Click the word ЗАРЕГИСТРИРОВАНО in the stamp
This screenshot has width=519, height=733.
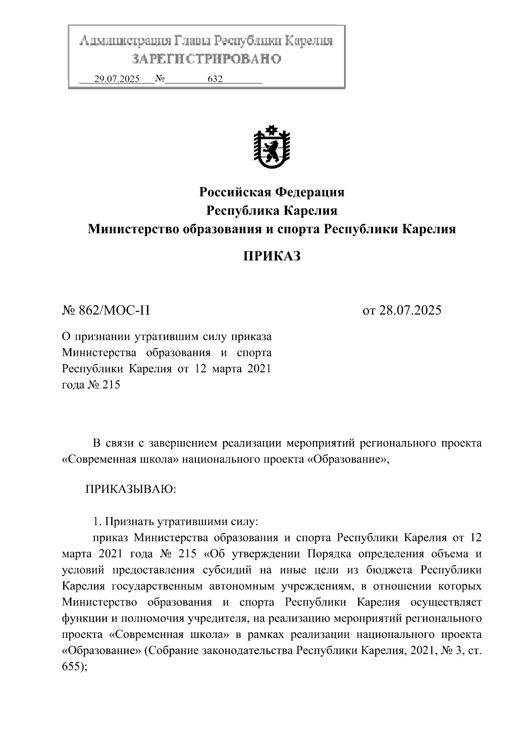pos(206,59)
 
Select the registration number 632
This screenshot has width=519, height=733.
pos(215,79)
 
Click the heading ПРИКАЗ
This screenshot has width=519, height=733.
pos(271,256)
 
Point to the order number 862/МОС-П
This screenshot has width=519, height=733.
pos(114,310)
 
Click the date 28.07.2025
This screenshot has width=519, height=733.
pos(410,310)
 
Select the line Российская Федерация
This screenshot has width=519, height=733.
pos(271,192)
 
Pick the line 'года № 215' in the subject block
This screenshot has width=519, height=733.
pos(91,384)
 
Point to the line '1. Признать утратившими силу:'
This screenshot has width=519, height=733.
pos(175,521)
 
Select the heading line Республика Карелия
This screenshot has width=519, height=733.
pos(271,210)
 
